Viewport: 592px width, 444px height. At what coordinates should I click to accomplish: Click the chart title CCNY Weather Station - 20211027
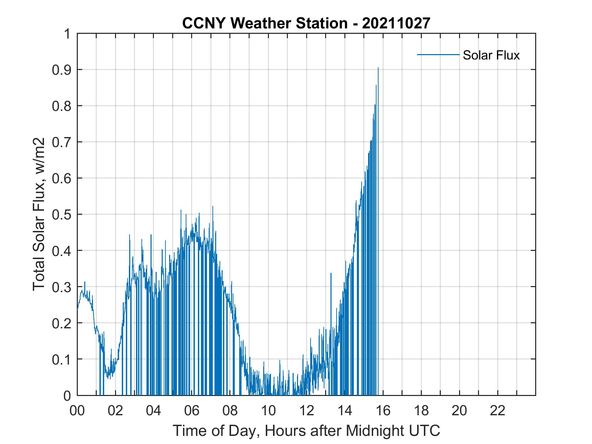pyautogui.click(x=306, y=23)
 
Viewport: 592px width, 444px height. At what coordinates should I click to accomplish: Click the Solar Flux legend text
pyautogui.click(x=491, y=55)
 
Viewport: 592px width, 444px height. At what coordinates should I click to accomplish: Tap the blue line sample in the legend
pyautogui.click(x=438, y=54)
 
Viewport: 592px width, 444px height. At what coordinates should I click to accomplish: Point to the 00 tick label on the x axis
pyautogui.click(x=77, y=411)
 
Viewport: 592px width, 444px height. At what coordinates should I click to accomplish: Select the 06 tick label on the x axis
pyautogui.click(x=192, y=411)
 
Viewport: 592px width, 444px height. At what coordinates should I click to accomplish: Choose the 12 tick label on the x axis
pyautogui.click(x=306, y=411)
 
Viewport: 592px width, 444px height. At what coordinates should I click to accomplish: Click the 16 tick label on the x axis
pyautogui.click(x=383, y=411)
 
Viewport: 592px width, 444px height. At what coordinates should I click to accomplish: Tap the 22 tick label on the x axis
pyautogui.click(x=498, y=411)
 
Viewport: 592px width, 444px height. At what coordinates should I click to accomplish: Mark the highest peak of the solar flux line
pyautogui.click(x=378, y=68)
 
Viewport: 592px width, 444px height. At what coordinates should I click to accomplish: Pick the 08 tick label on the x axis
pyautogui.click(x=230, y=411)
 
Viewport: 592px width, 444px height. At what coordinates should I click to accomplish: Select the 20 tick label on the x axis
pyautogui.click(x=459, y=411)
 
